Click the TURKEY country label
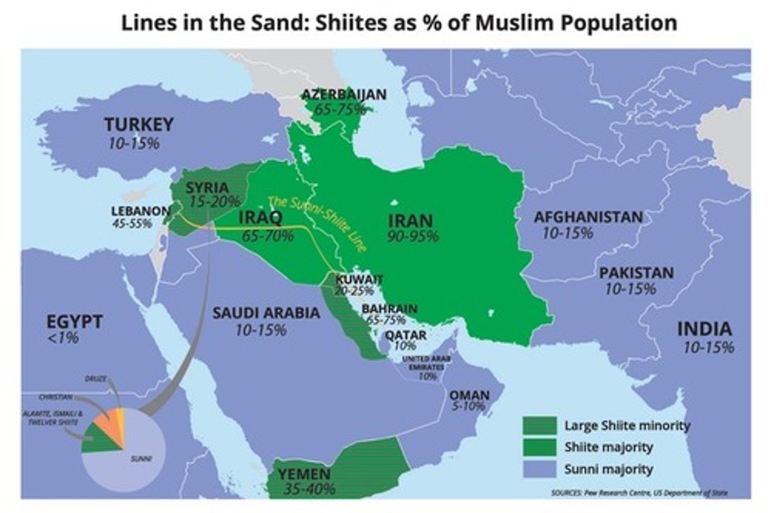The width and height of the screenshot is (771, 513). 139,124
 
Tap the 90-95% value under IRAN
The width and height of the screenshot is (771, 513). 413,236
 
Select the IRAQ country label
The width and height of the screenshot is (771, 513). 260,218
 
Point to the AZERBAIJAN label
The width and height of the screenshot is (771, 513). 343,95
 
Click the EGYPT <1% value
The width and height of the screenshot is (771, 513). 63,338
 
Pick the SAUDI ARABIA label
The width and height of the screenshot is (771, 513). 266,313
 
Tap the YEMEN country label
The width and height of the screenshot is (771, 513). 304,473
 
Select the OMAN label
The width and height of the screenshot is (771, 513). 469,395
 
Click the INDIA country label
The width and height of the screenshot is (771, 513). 704,329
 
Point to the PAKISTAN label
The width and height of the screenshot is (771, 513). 636,273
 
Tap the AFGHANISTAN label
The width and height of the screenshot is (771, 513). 588,217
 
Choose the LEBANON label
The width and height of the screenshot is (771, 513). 140,211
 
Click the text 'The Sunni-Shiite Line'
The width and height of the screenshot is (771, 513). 318,224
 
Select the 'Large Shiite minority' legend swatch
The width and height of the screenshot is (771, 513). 539,426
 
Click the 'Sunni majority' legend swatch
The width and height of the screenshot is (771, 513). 539,469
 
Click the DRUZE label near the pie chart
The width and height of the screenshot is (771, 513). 95,379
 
